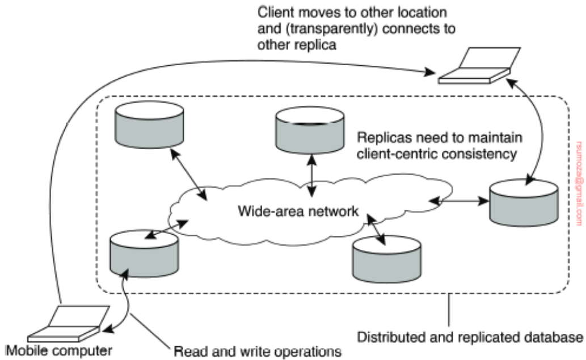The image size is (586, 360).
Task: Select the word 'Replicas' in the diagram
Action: coord(377,138)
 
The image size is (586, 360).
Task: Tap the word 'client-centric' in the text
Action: coord(393,153)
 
